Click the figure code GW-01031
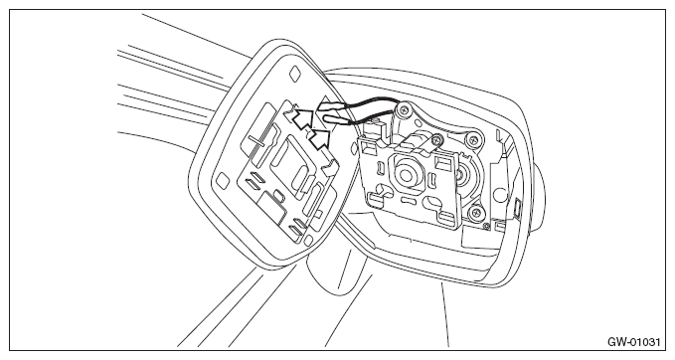pos(633,342)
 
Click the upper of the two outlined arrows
pos(303,118)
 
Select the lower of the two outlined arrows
pos(320,138)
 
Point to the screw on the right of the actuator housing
pos(473,139)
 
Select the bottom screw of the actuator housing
pos(476,212)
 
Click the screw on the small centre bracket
pos(437,138)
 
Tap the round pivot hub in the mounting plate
pos(405,174)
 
